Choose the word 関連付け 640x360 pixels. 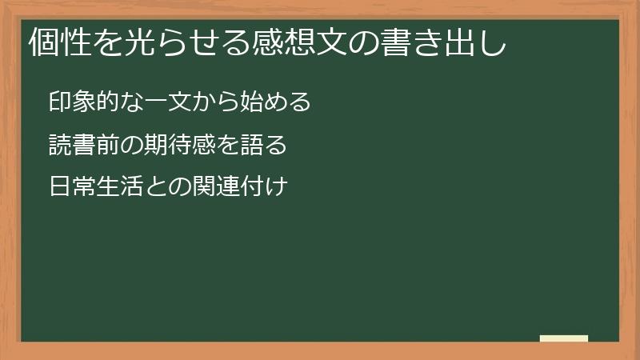click(241, 189)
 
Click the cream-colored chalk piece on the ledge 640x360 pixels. click(564, 338)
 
